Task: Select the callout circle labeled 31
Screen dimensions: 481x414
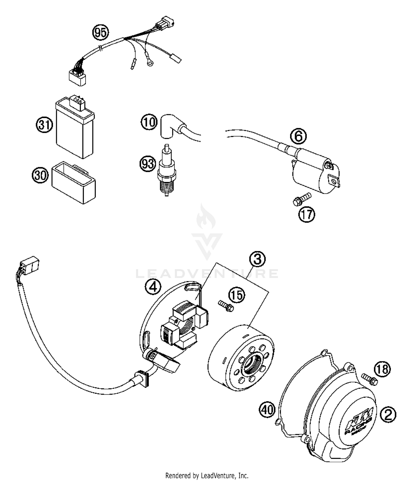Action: pos(44,125)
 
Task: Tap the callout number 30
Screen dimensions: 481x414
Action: pos(40,175)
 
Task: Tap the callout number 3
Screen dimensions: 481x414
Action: pos(257,259)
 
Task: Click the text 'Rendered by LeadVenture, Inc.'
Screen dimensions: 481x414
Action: pos(207,475)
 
